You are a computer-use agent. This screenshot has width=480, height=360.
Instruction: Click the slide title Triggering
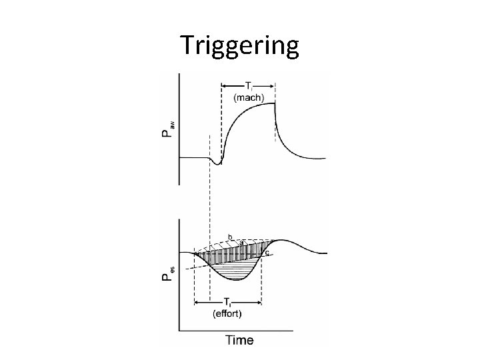pos(240,45)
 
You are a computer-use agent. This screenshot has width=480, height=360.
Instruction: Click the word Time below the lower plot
pos(239,340)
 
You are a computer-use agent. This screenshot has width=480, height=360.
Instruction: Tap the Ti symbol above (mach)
pos(248,85)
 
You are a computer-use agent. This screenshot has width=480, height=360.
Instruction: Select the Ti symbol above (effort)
pos(227,301)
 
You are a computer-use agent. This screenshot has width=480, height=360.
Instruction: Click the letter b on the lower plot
pos(230,236)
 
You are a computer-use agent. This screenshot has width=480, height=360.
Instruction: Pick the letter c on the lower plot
pos(267,253)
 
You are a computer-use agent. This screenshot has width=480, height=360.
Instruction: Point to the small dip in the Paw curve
pos(217,162)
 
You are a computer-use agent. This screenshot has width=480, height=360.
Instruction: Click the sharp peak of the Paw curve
pos(275,103)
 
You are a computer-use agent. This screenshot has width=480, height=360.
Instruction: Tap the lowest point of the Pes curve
pos(239,279)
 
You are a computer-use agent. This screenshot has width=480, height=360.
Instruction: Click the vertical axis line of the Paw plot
pos(179,127)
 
